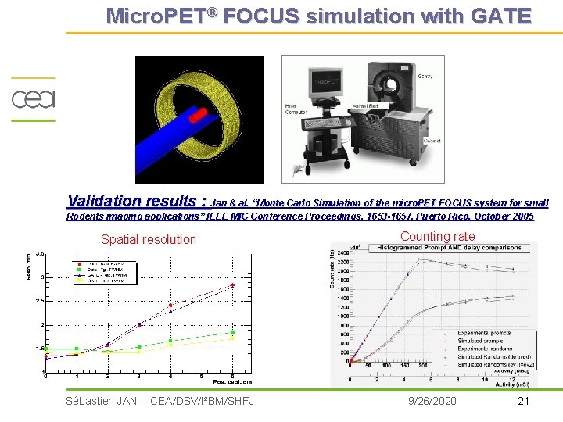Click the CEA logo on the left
click(x=32, y=100)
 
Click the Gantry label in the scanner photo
click(x=426, y=76)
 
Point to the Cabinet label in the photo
click(x=431, y=141)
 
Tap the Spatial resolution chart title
click(x=149, y=239)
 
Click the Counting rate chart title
click(x=437, y=236)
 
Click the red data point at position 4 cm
click(x=170, y=305)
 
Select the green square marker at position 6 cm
click(x=232, y=332)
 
